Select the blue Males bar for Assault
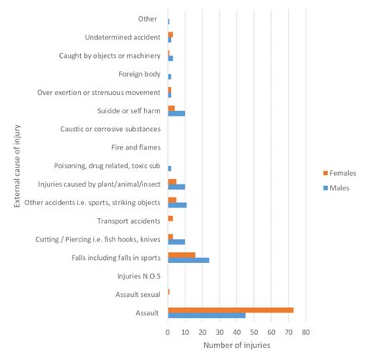tap(206, 315)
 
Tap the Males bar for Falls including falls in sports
tap(188, 260)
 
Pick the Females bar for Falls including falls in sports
tap(181, 254)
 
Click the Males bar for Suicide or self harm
tap(176, 113)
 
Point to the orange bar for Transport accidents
tap(170, 218)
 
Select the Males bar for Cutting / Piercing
tap(176, 241)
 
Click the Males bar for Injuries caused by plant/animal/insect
tap(176, 187)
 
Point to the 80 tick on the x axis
tap(306, 332)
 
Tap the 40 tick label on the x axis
tap(236, 332)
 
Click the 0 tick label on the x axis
tap(168, 332)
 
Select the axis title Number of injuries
tap(236, 345)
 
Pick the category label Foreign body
tap(139, 74)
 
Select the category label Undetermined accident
tap(122, 37)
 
